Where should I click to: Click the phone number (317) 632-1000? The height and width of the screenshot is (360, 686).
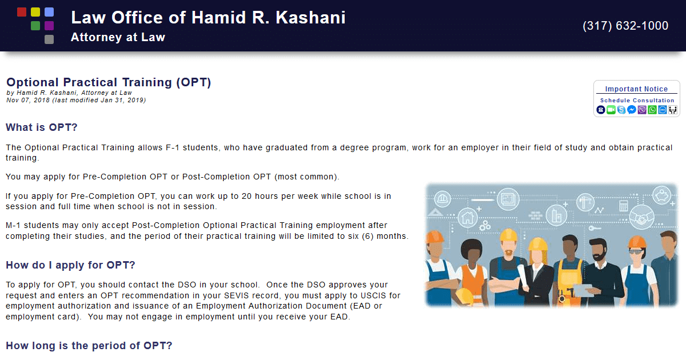625,26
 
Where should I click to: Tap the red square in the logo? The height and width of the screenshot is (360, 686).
22,12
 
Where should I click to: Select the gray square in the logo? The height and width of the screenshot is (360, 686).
49,39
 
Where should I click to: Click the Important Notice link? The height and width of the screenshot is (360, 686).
636,89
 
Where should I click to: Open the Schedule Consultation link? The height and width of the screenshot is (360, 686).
637,101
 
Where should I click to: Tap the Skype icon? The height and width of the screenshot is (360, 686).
621,110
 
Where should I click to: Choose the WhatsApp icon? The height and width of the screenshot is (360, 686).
652,110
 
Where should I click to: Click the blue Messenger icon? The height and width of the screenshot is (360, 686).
632,110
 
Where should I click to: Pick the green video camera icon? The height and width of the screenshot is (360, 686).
611,110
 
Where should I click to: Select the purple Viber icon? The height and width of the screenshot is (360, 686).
642,110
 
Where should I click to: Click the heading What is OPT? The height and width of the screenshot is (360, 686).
42,127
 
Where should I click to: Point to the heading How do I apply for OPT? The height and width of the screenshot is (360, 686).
70,265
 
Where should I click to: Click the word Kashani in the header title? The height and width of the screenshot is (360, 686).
310,18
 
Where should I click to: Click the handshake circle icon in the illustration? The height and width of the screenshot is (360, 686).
641,217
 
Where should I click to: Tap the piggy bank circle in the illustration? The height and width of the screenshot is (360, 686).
662,195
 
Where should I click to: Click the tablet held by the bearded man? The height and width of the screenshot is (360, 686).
583,290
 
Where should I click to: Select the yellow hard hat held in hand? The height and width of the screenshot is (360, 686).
464,297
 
